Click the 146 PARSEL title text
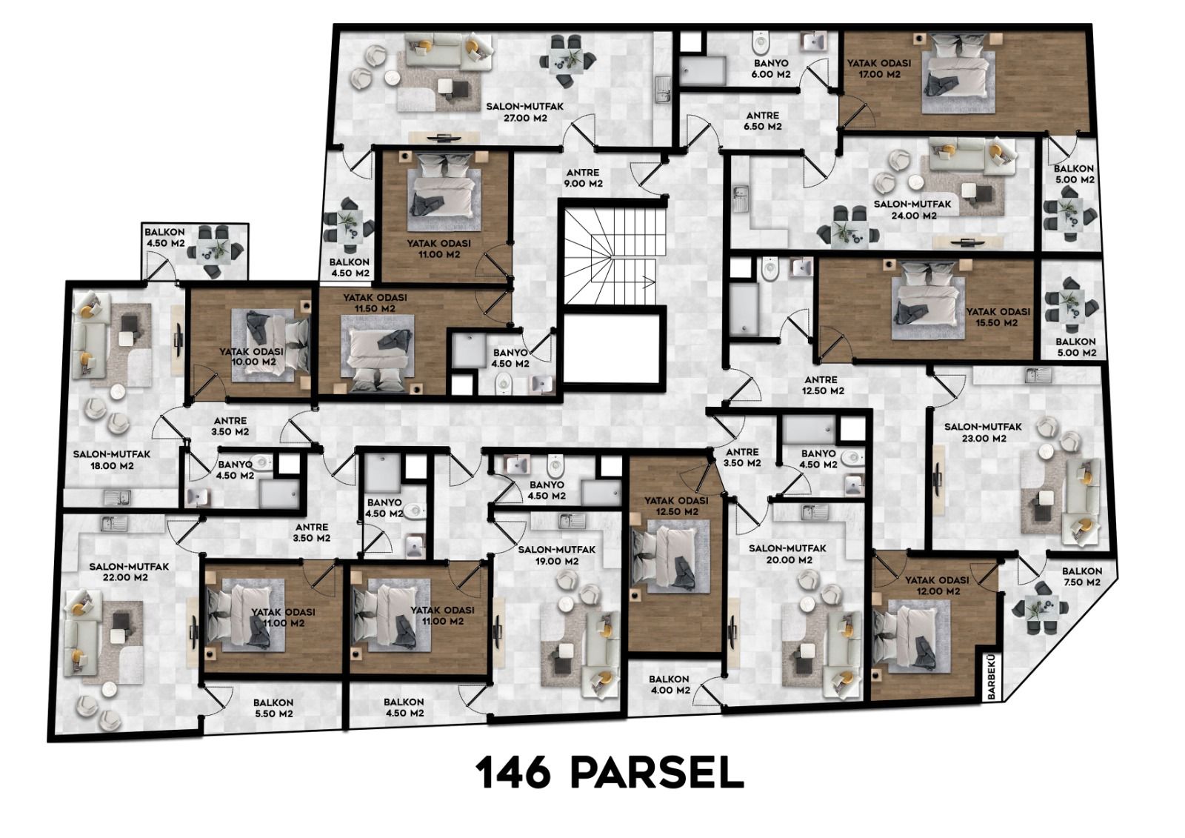pyautogui.click(x=610, y=774)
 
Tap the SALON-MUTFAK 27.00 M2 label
pyautogui.click(x=518, y=112)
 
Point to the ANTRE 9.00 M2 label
pyautogui.click(x=583, y=179)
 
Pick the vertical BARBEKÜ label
pyautogui.click(x=991, y=677)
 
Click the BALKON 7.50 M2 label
pyautogui.click(x=1082, y=576)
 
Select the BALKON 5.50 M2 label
pyautogui.click(x=273, y=708)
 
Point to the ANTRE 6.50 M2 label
pyautogui.click(x=763, y=121)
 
